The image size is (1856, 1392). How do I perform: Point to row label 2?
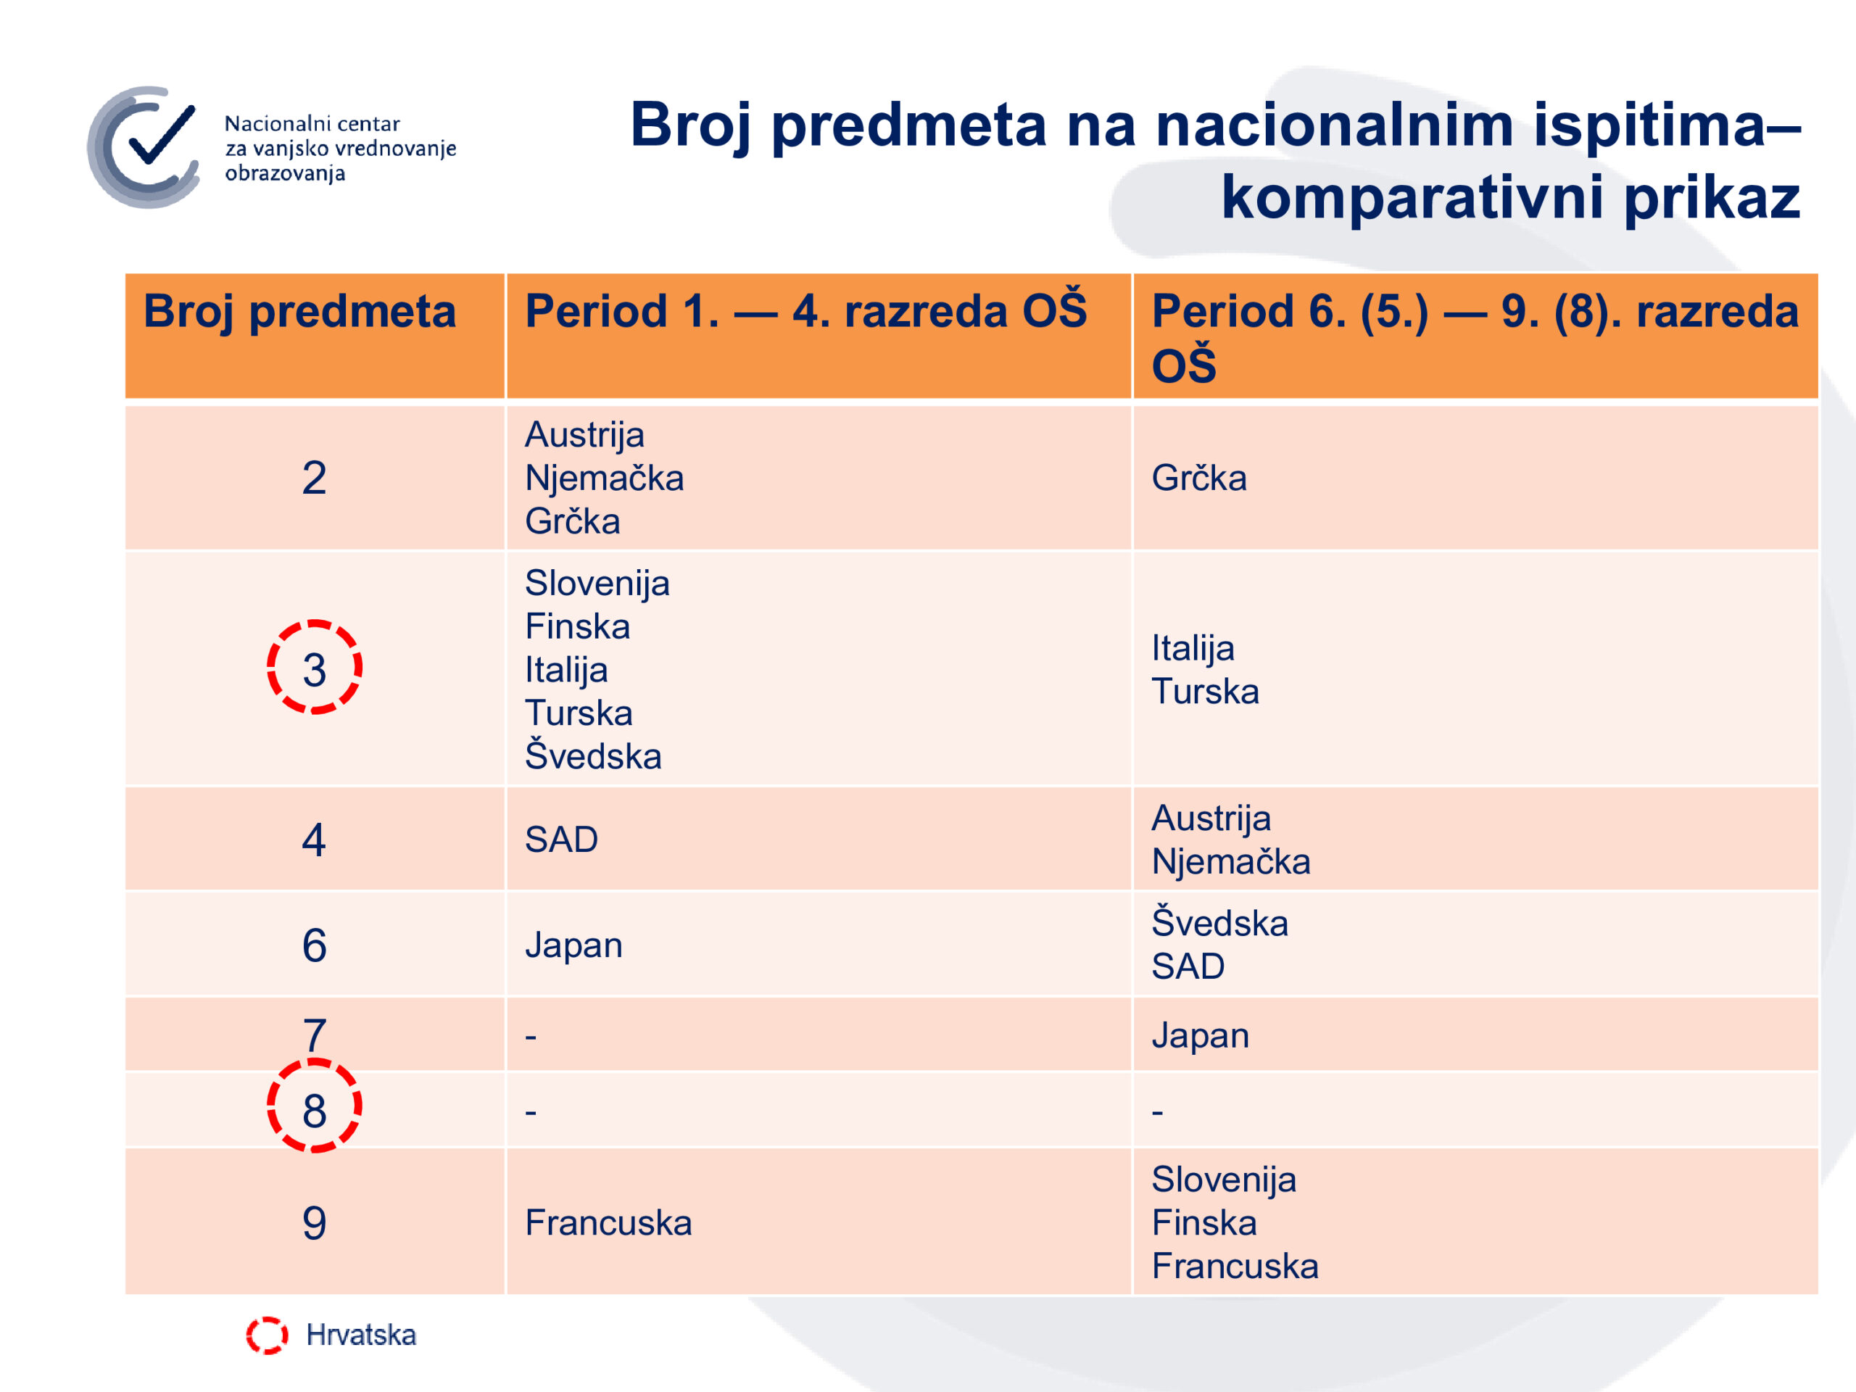pyautogui.click(x=315, y=478)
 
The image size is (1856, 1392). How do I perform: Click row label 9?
pyautogui.click(x=315, y=1223)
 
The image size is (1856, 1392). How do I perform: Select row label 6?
pyautogui.click(x=315, y=945)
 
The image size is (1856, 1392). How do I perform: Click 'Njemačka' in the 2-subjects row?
pyautogui.click(x=604, y=478)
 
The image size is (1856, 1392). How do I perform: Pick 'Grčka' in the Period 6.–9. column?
pyautogui.click(x=1199, y=478)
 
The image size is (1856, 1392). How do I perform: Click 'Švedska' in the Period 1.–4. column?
pyautogui.click(x=593, y=754)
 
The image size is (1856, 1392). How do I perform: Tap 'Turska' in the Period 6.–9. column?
pyautogui.click(x=1205, y=692)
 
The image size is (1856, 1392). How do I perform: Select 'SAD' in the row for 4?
pyautogui.click(x=561, y=840)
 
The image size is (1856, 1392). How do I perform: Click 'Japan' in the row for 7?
pyautogui.click(x=1201, y=1036)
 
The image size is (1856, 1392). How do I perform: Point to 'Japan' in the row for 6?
pyautogui.click(x=574, y=945)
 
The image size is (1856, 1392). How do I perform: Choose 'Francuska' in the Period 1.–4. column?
pyautogui.click(x=608, y=1223)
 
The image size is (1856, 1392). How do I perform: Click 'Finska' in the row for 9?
pyautogui.click(x=1204, y=1223)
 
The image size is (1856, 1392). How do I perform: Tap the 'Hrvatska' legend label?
pyautogui.click(x=361, y=1335)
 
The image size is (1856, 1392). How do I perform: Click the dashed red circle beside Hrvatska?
pyautogui.click(x=267, y=1335)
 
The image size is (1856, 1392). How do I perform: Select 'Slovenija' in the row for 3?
pyautogui.click(x=597, y=583)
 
